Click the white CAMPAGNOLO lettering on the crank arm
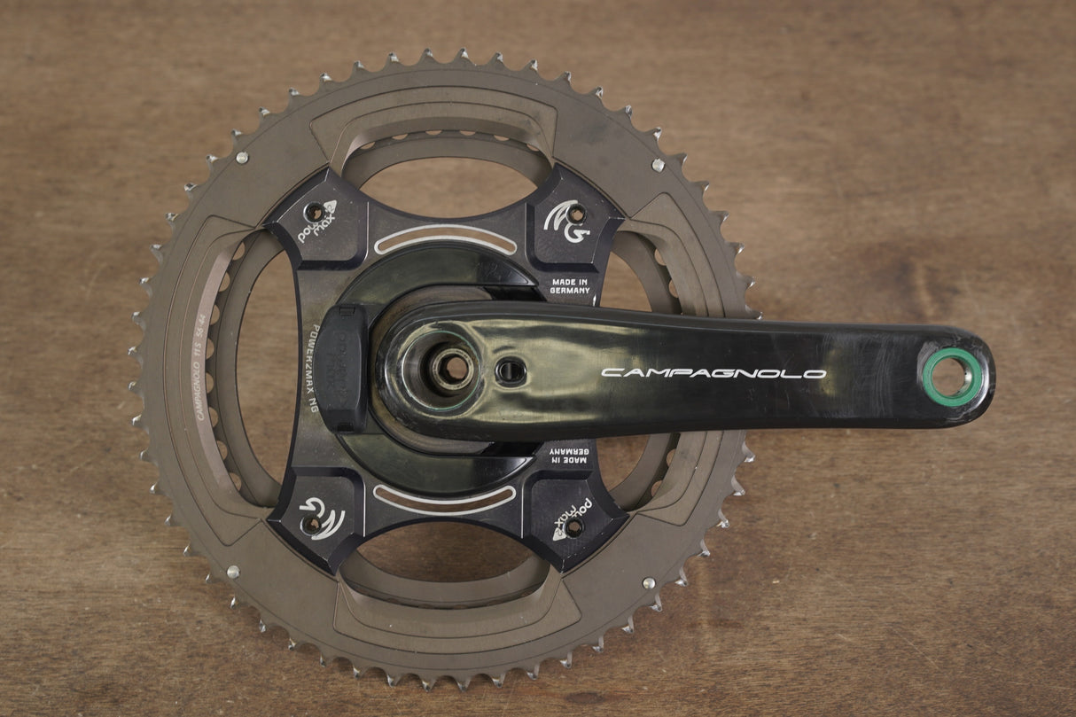713,373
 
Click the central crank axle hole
453,367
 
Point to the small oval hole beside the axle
511,370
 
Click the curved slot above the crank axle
445,239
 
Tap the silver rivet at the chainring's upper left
241,158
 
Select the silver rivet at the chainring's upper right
658,165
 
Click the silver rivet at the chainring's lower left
232,572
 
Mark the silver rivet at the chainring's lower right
649,583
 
